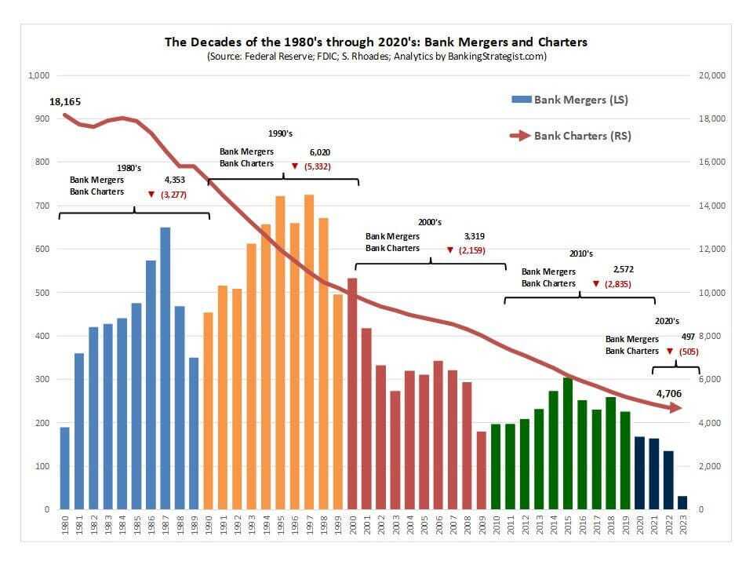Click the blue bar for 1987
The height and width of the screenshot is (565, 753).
click(165, 368)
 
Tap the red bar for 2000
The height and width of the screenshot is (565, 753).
click(352, 393)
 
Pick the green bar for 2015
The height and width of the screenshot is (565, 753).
click(568, 443)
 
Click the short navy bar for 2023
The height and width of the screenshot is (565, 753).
click(682, 502)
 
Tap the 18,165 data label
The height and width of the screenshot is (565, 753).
click(64, 102)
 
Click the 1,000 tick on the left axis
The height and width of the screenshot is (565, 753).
click(38, 75)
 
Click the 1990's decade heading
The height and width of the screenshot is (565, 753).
click(280, 134)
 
